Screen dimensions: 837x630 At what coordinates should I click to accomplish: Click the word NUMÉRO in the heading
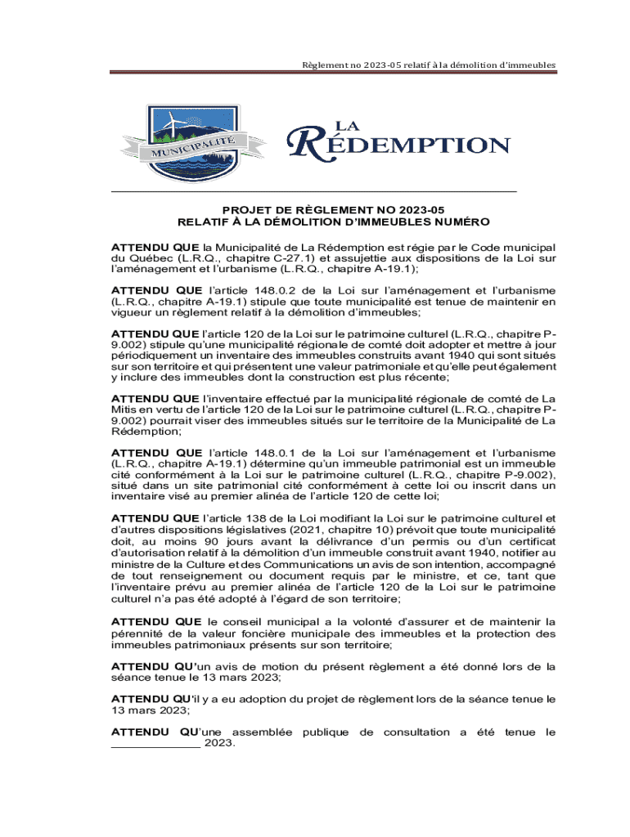click(462, 222)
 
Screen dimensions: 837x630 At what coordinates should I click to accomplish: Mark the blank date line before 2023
click(155, 745)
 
